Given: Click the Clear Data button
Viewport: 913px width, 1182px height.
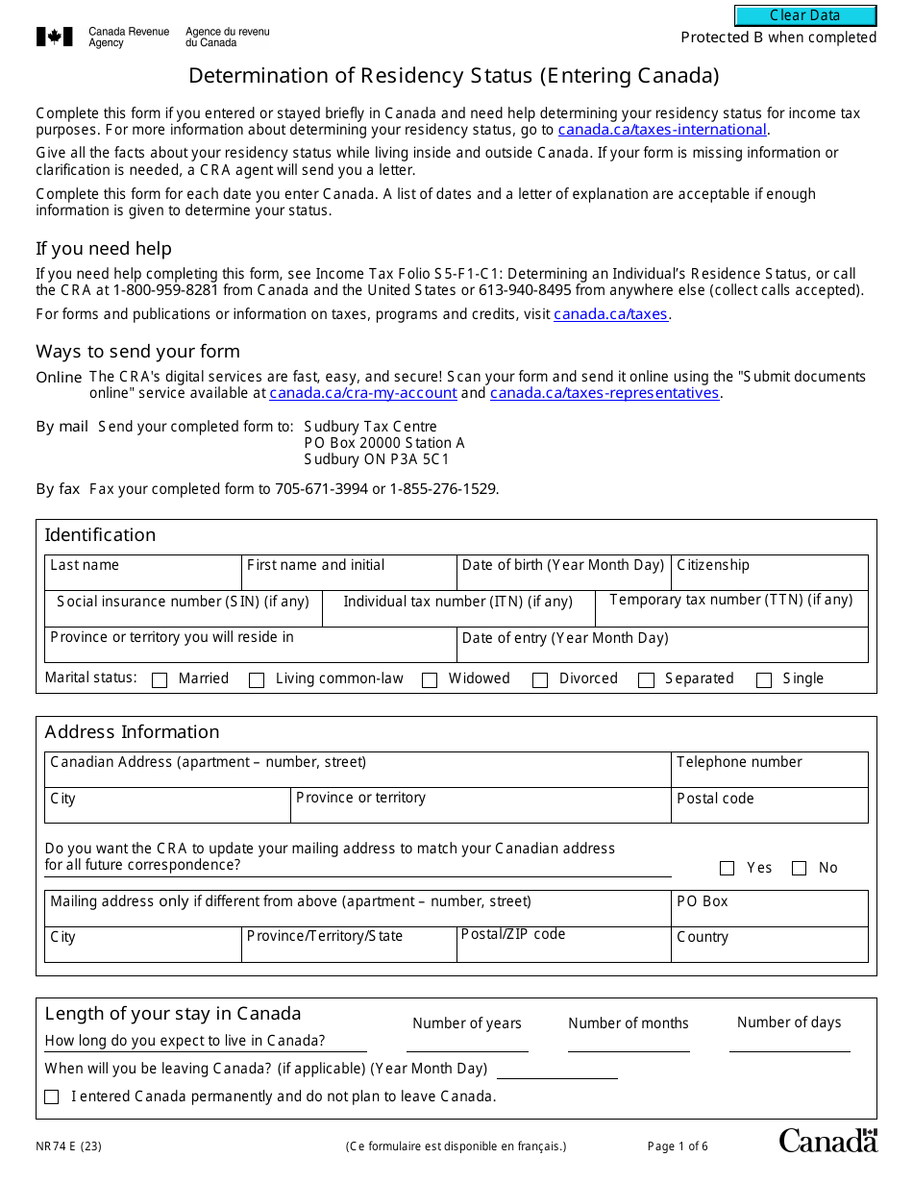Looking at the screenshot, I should [805, 15].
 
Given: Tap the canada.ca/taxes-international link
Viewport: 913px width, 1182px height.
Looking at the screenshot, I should [662, 130].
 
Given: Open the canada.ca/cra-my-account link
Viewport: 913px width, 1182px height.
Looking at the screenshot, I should [363, 393].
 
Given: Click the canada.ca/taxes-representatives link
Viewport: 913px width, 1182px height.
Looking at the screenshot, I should [605, 393].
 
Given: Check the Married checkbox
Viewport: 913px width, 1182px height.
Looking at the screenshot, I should [160, 680].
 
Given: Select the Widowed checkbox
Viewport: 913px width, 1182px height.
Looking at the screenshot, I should [430, 680].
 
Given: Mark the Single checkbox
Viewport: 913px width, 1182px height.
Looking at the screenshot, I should [764, 680].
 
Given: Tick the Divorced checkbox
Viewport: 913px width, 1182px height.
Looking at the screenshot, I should [540, 680].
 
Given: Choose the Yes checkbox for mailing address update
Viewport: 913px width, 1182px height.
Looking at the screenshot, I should [728, 869].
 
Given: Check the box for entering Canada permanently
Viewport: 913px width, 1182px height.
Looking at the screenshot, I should [52, 1097].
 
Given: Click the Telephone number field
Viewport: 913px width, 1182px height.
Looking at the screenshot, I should [769, 776].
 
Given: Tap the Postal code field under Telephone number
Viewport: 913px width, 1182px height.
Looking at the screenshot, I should [769, 812].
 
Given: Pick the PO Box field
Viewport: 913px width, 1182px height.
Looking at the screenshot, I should [769, 915].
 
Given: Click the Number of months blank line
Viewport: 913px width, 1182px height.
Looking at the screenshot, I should [629, 1044].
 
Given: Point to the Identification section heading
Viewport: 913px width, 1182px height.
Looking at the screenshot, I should [100, 535].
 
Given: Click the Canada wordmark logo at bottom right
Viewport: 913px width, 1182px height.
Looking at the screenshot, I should [827, 1141].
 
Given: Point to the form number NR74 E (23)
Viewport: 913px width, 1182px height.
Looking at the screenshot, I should [68, 1146].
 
